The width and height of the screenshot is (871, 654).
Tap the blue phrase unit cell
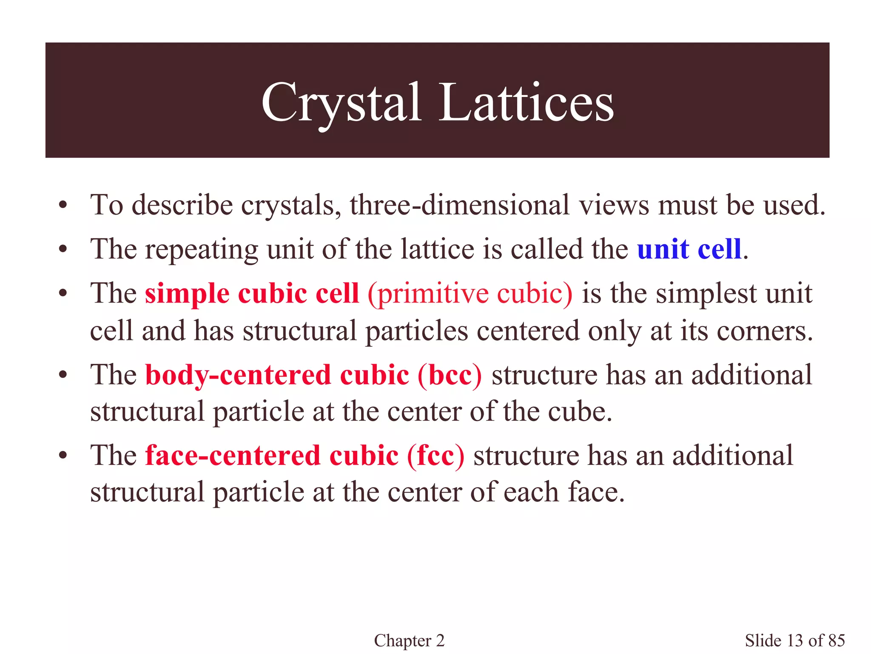pos(689,249)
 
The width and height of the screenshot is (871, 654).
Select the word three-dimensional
pos(460,205)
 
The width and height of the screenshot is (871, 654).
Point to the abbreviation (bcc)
pos(450,375)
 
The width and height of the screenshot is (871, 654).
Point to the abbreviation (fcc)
pos(435,456)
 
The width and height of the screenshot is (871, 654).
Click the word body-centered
pos(238,375)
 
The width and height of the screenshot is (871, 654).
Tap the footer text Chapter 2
pos(409,640)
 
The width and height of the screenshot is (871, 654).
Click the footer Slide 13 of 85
pos(794,640)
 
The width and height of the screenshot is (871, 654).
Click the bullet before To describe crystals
pos(63,206)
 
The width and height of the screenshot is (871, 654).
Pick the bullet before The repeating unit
pos(63,250)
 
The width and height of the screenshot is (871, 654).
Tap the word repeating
pos(201,250)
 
